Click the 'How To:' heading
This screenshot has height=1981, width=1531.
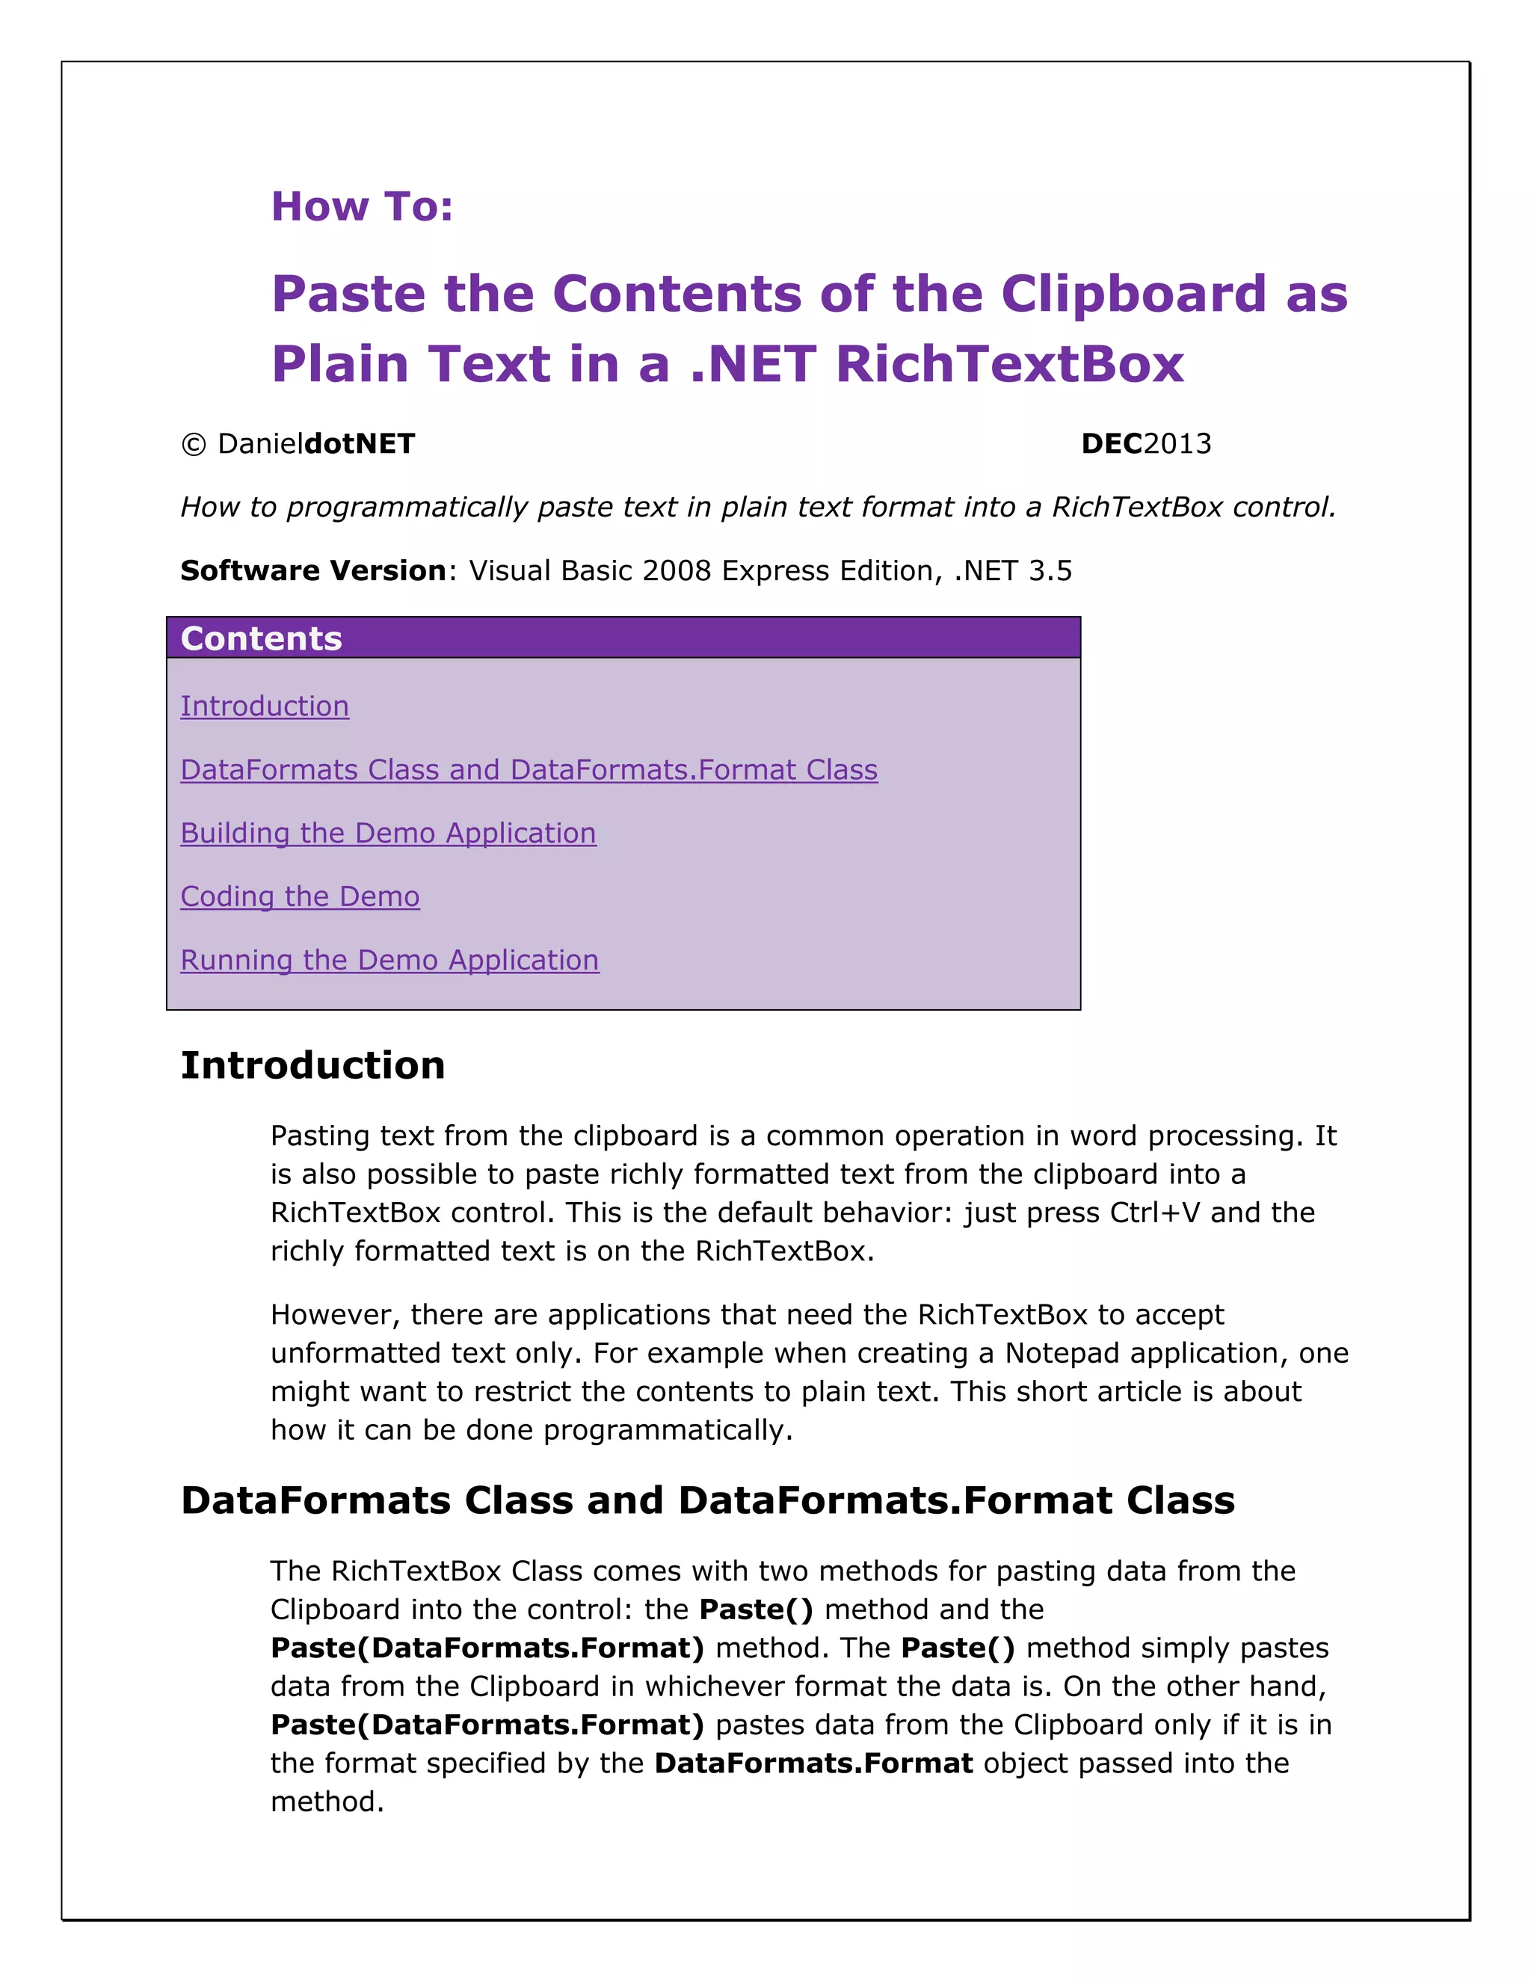pyautogui.click(x=362, y=207)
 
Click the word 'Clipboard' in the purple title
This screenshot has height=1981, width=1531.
pyautogui.click(x=1133, y=295)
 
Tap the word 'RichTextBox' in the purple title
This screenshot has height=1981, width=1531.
pyautogui.click(x=1009, y=365)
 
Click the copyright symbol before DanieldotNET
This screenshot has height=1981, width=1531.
pyautogui.click(x=193, y=445)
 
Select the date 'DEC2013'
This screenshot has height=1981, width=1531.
pyautogui.click(x=1145, y=443)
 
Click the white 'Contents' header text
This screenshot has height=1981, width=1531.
pyautogui.click(x=261, y=638)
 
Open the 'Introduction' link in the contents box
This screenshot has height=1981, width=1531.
pyautogui.click(x=265, y=706)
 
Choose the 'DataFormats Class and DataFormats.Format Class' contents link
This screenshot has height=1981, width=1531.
pyautogui.click(x=529, y=769)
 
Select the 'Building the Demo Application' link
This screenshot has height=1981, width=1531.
pyautogui.click(x=388, y=833)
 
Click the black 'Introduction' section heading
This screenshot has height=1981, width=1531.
pyautogui.click(x=313, y=1066)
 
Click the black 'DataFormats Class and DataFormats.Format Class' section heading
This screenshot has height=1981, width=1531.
pyautogui.click(x=707, y=1500)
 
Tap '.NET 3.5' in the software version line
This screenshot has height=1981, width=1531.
pyautogui.click(x=1013, y=570)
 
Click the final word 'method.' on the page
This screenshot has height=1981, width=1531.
pyautogui.click(x=327, y=1802)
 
